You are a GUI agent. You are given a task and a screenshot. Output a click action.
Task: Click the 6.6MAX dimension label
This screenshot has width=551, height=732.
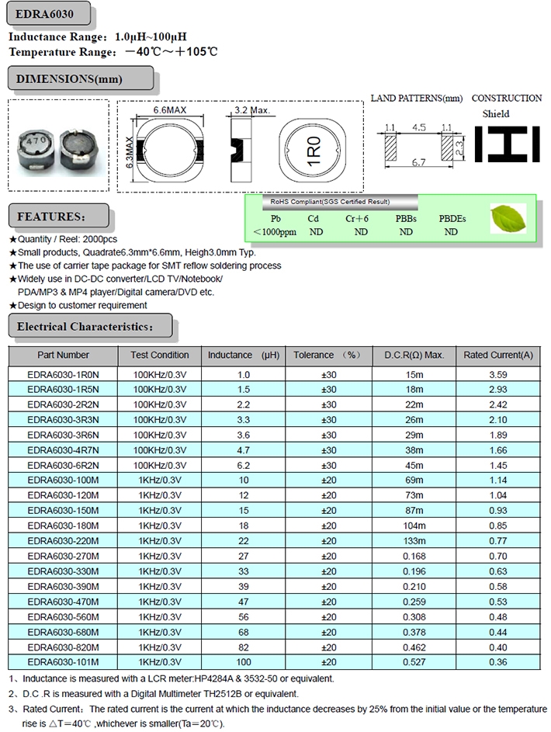coord(169,110)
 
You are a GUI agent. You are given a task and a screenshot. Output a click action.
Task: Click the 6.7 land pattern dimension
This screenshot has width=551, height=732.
coord(418,162)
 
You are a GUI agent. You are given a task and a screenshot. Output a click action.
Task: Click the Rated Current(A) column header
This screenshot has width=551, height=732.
coord(498,355)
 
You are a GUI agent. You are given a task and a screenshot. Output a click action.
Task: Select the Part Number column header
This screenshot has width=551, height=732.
coord(63,355)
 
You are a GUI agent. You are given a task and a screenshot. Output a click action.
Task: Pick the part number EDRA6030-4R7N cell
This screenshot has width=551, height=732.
coord(63,449)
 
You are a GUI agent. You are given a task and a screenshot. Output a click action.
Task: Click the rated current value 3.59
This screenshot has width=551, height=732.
coord(498,374)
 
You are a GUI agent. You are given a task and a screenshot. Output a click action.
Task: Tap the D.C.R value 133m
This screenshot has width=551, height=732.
coord(414,540)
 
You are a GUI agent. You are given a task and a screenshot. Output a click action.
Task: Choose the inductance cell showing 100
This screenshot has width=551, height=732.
coord(244,661)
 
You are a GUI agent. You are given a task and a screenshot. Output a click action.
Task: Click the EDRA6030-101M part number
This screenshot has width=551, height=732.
coord(63,661)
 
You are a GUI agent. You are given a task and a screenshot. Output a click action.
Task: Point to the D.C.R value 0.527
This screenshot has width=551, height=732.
coord(414,661)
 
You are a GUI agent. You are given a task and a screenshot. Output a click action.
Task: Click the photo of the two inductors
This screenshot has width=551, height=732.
coord(57,145)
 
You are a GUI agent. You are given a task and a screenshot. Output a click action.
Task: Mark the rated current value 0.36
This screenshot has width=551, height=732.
coord(498,661)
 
